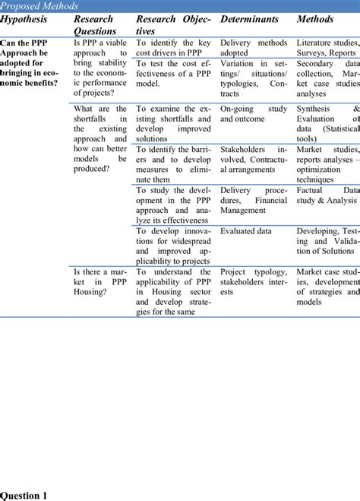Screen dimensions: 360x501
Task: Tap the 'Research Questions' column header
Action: pyautogui.click(x=95, y=24)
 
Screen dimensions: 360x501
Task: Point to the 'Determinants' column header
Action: pyautogui.click(x=249, y=19)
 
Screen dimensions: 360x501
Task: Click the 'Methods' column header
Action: pyautogui.click(x=315, y=19)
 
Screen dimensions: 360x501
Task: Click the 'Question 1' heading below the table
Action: pyautogui.click(x=24, y=495)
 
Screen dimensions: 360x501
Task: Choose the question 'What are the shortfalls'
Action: pyautogui.click(x=99, y=138)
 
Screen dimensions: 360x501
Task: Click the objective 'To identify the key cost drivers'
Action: pyautogui.click(x=173, y=49)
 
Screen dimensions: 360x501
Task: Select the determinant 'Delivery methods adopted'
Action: pyautogui.click(x=254, y=49)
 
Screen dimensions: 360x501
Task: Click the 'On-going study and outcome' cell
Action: pyautogui.click(x=254, y=114)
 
